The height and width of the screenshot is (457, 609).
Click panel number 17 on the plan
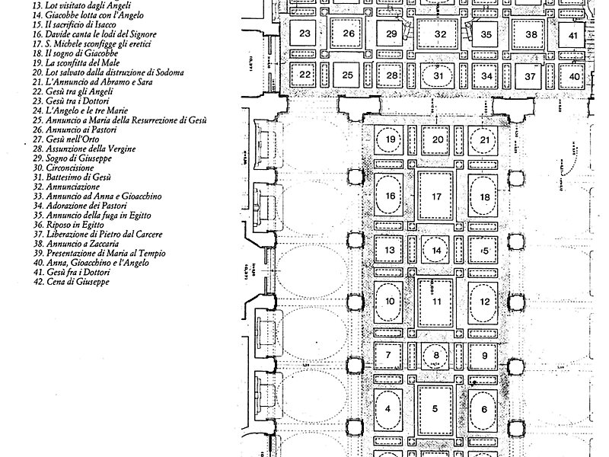coord(436,197)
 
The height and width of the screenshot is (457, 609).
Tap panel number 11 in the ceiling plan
coord(436,301)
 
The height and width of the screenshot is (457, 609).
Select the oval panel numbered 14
coord(436,250)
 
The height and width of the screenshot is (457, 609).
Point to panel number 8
coord(436,355)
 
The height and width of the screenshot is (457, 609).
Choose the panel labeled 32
coord(440,35)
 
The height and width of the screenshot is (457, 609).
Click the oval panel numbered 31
coord(438,75)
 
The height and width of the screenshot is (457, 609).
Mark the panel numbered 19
coord(391,140)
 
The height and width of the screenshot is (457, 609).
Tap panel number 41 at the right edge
coord(573,35)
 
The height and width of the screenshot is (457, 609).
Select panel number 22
coord(305,75)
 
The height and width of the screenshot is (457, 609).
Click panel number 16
coord(391,197)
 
